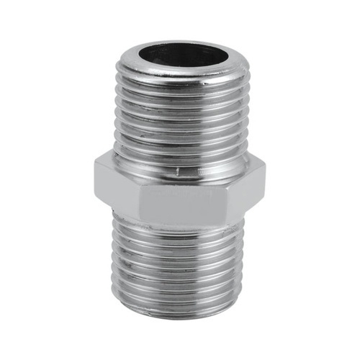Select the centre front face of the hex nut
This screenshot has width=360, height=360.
[x=180, y=200]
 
